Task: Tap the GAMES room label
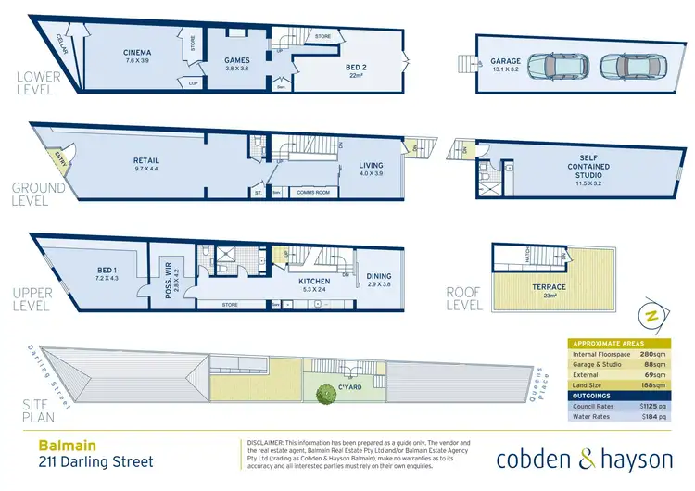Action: click(237, 60)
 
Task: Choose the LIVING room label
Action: click(371, 166)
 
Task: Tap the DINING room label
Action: click(378, 276)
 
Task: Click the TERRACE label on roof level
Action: click(550, 287)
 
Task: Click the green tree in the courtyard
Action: click(324, 395)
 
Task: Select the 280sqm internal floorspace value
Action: click(655, 354)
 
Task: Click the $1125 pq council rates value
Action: click(652, 404)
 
